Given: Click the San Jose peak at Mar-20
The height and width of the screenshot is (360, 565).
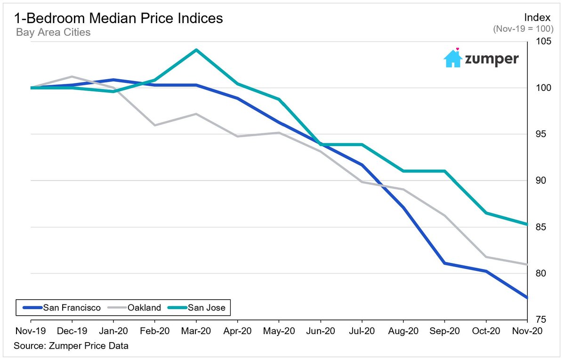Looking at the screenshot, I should [x=196, y=49].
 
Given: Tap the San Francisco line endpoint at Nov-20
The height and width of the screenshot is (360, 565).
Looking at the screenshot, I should [x=526, y=297].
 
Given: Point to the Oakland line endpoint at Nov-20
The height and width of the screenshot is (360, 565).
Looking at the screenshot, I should [x=526, y=264].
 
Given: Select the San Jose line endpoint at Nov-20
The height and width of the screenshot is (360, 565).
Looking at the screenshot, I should [x=526, y=224].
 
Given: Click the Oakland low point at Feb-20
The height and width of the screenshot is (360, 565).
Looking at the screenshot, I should [x=155, y=125].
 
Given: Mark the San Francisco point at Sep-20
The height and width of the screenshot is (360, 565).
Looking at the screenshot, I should [x=444, y=263].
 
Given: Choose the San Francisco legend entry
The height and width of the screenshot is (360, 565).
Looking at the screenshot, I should [x=61, y=308].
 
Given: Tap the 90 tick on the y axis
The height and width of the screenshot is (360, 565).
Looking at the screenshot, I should [x=537, y=181].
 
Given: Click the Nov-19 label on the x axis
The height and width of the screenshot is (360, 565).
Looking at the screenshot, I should [x=31, y=332].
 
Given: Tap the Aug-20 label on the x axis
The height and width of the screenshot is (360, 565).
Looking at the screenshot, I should [x=403, y=332].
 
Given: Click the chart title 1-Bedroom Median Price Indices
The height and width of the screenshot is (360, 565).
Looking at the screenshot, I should [x=119, y=18].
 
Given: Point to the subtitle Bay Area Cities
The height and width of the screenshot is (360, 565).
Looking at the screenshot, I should [x=53, y=33].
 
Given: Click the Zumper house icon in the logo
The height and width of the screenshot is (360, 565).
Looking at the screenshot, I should [x=453, y=58].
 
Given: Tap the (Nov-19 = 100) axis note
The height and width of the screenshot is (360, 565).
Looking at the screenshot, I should [x=523, y=29].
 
